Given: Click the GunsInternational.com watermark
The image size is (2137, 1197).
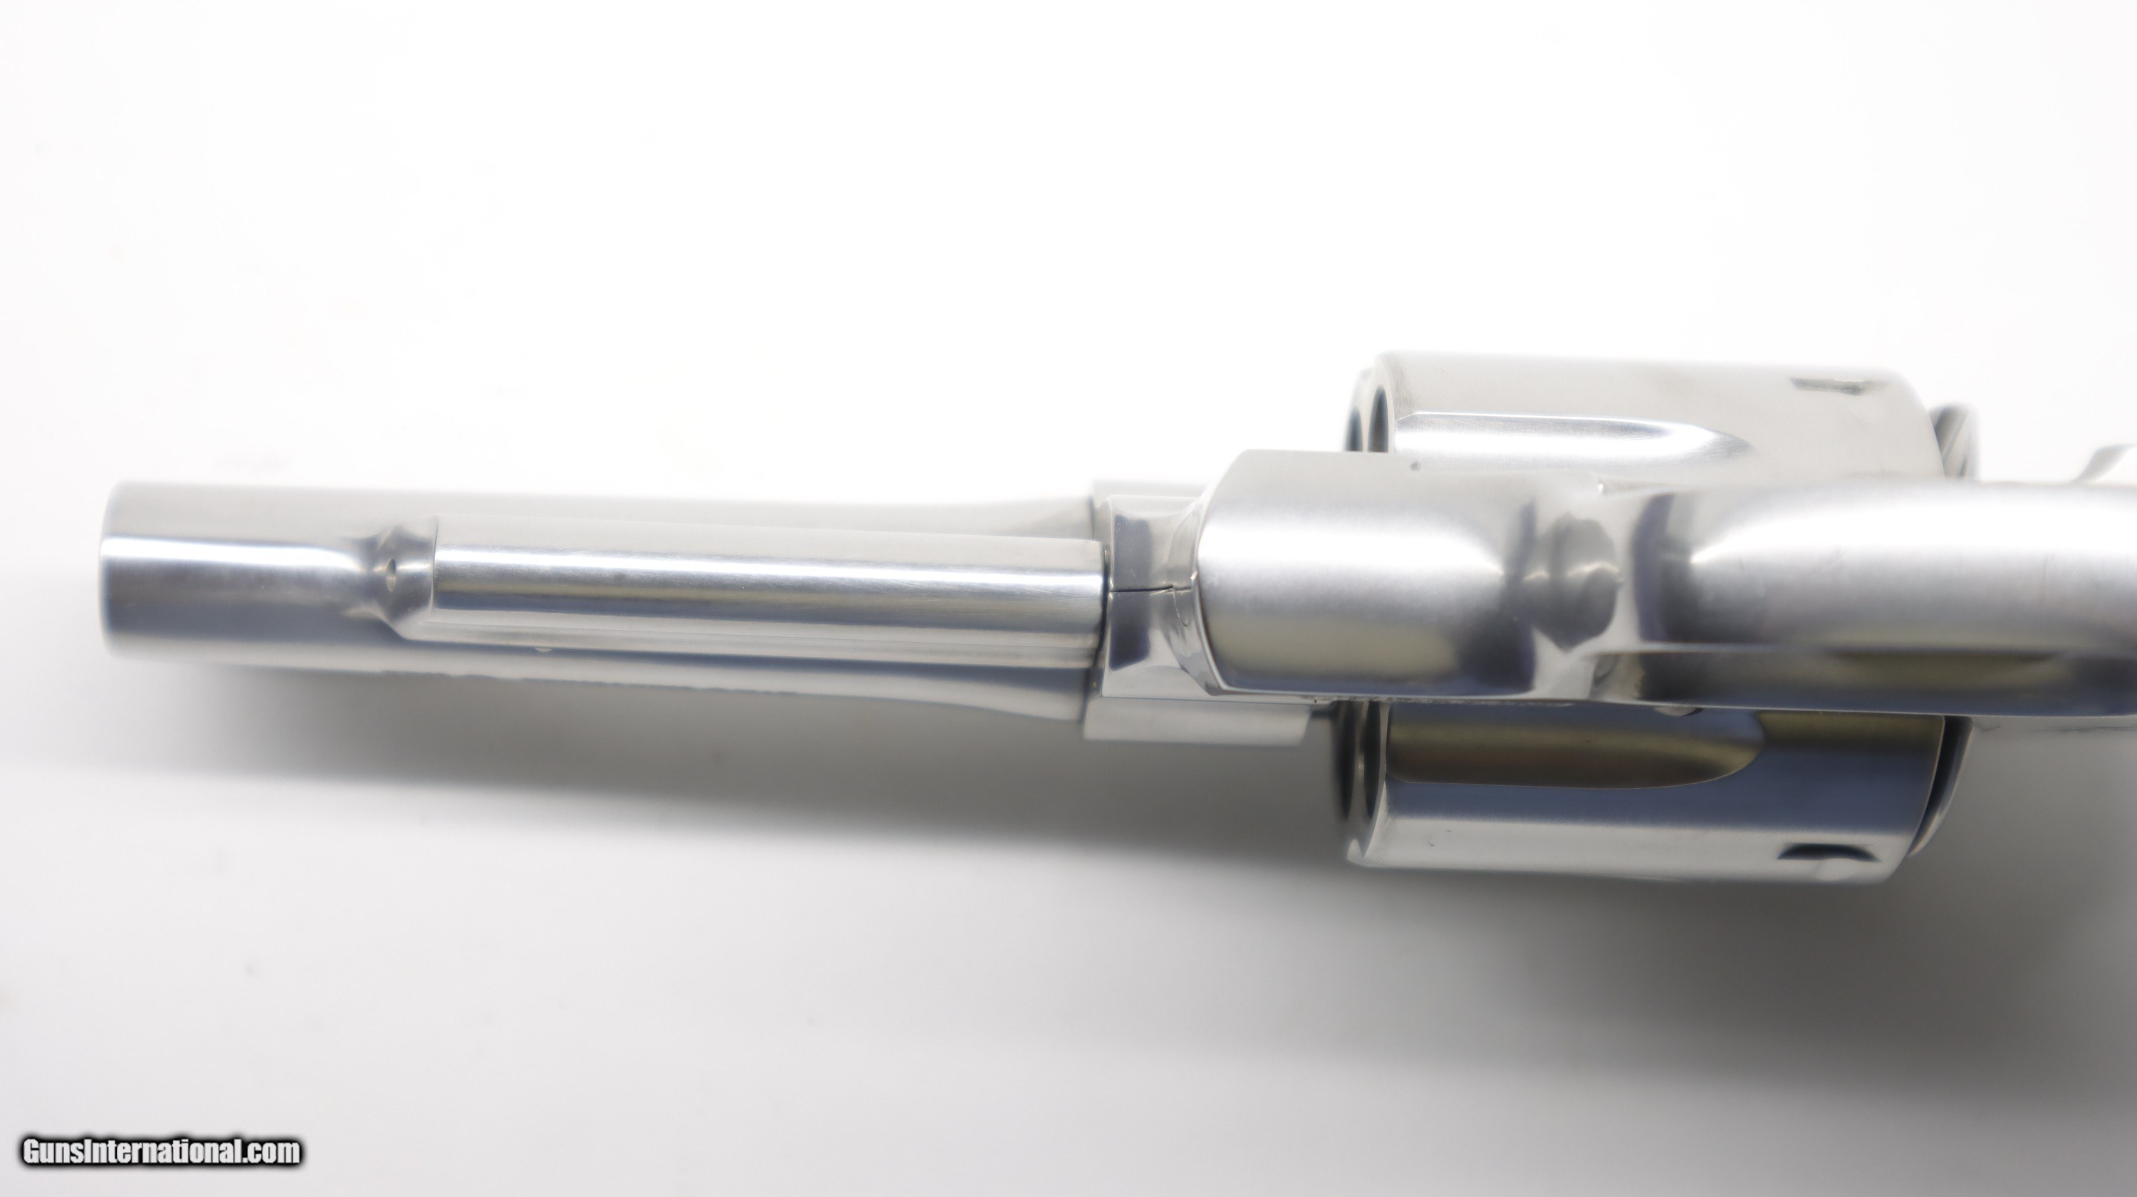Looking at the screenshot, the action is click(x=162, y=1152).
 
